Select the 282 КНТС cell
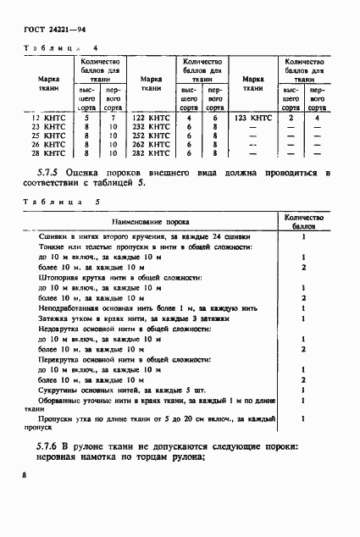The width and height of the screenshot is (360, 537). [x=152, y=153]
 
